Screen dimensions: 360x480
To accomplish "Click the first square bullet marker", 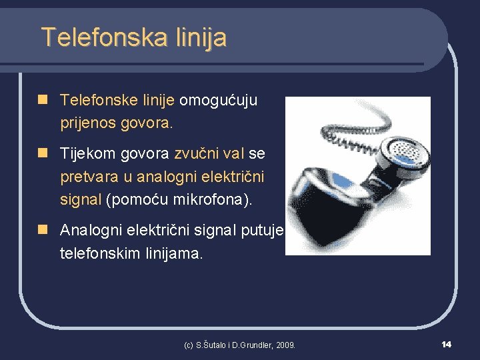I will [x=43, y=100].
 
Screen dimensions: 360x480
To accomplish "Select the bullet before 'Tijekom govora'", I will [x=43, y=153].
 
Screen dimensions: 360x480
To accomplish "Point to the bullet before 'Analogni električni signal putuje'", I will [x=43, y=230].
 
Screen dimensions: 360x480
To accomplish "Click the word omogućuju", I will [x=218, y=101].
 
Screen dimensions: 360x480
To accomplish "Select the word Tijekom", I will [x=87, y=154].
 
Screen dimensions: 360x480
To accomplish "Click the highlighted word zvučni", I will [x=196, y=154].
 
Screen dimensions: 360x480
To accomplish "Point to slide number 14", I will [x=446, y=344].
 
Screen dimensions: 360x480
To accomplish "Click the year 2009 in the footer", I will [x=284, y=345].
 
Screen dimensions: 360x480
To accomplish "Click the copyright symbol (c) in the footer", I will [x=189, y=345].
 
